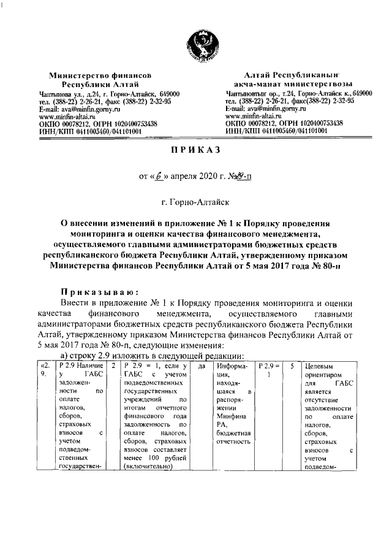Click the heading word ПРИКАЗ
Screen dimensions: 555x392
[x=196, y=150]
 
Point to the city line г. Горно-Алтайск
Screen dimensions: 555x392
[x=196, y=201]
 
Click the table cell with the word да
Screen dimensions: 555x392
[x=202, y=366]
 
